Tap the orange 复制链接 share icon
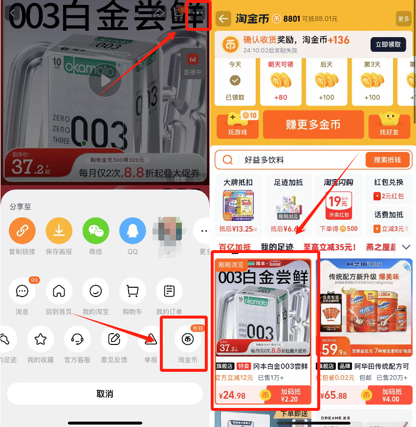[x=22, y=231]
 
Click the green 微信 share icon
[x=96, y=231]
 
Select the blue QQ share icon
[x=132, y=231]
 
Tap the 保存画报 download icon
[x=59, y=231]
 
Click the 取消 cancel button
[x=105, y=394]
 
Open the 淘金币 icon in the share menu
[x=188, y=340]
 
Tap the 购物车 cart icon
[x=132, y=291]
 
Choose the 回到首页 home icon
[x=59, y=291]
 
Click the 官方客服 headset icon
[x=77, y=339]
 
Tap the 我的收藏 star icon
[x=41, y=339]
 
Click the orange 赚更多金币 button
[x=313, y=125]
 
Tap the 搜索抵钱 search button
[x=387, y=160]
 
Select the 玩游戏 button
[x=238, y=125]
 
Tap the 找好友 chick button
[x=389, y=125]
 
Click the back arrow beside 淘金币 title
[x=224, y=19]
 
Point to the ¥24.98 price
[x=233, y=395]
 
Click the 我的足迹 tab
[x=277, y=247]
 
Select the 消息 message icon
[x=22, y=291]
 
